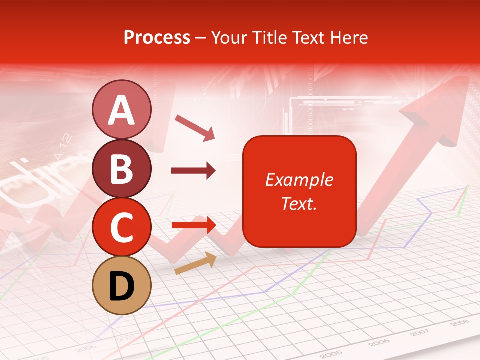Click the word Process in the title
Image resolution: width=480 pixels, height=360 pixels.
click(x=157, y=38)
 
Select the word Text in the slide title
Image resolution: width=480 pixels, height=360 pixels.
click(x=305, y=38)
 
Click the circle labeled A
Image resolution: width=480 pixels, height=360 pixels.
click(x=122, y=110)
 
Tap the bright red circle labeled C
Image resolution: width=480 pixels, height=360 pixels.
click(x=122, y=227)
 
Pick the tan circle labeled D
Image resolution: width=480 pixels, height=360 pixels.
click(x=122, y=285)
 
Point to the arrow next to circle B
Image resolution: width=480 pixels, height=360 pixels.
click(x=193, y=171)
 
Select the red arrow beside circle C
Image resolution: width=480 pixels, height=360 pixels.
click(x=193, y=225)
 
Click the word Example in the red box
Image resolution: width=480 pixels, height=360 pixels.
click(x=299, y=180)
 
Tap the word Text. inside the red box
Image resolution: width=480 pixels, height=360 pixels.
click(x=299, y=204)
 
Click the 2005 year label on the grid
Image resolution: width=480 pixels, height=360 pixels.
click(x=334, y=353)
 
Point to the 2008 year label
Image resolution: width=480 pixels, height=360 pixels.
click(x=459, y=323)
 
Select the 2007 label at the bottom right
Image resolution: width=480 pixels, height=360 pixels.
click(x=421, y=332)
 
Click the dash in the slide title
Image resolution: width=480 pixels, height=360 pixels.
click(x=200, y=38)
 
